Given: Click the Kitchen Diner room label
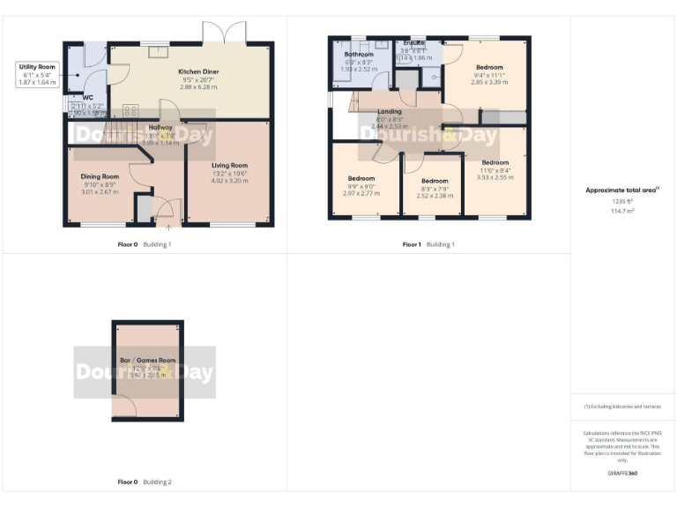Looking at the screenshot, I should click(198, 71).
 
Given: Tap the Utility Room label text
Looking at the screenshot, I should click(35, 67).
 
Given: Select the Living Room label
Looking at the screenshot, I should click(229, 165).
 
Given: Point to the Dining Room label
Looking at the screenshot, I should click(99, 176).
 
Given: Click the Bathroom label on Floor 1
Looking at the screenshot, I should click(359, 54).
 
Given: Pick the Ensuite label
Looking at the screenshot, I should click(413, 42).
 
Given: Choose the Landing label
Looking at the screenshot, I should click(389, 112).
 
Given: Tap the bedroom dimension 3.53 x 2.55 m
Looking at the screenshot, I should click(495, 177).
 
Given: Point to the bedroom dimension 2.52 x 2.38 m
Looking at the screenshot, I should click(435, 196).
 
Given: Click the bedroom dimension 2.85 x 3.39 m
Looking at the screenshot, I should click(489, 82).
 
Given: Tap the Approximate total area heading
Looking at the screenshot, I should click(621, 190).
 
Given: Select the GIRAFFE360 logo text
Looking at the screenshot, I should click(622, 474).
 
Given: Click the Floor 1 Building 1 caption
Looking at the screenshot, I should click(428, 244).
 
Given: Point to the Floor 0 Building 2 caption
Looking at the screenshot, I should click(145, 482).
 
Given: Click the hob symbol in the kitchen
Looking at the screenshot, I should click(130, 110).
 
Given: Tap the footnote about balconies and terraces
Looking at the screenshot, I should click(622, 407).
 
